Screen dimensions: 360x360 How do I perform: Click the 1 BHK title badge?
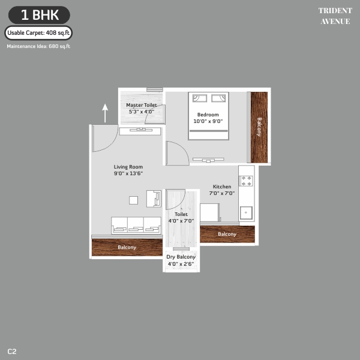[x=39, y=15]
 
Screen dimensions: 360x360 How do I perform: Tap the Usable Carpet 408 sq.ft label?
[x=38, y=33]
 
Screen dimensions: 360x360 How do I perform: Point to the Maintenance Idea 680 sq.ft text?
[x=38, y=46]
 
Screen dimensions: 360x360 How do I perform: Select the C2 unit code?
[x=12, y=352]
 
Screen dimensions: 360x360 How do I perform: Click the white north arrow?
[x=105, y=113]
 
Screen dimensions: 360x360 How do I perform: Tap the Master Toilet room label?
[x=142, y=105]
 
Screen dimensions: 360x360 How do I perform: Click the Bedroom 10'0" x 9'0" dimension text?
[x=208, y=121]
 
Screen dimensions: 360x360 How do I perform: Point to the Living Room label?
[x=128, y=167]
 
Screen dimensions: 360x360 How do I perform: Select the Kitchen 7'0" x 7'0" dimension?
[x=222, y=193]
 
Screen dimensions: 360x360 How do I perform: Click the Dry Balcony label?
[x=181, y=257]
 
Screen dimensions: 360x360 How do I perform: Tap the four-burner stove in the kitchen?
[x=246, y=181]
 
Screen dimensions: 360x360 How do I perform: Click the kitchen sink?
[x=246, y=213]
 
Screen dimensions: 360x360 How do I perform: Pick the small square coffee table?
[x=133, y=200]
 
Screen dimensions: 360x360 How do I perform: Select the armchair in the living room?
[x=154, y=199]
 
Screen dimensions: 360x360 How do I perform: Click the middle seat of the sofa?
[x=136, y=225]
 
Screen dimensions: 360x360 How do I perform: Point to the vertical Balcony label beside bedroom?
[x=259, y=127]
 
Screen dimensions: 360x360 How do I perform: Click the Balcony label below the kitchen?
[x=227, y=234]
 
